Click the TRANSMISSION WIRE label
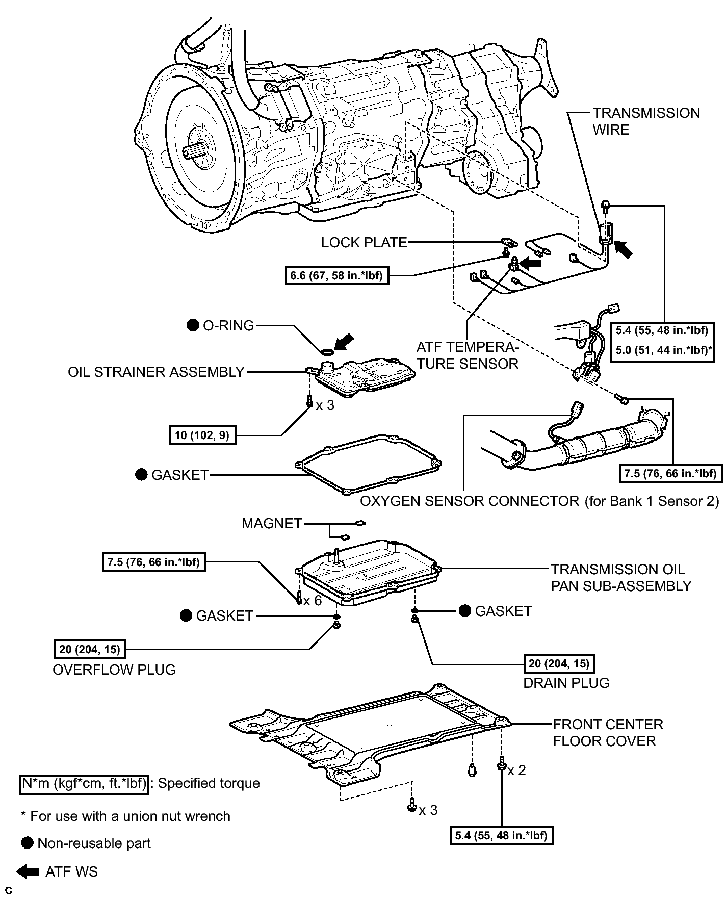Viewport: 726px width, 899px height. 646,121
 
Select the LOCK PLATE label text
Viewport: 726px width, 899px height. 364,243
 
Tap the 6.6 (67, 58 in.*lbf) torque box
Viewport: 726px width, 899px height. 336,276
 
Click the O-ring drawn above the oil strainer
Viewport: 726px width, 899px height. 327,352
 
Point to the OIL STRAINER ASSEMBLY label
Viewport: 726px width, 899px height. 157,372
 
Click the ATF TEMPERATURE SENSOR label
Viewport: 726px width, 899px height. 467,355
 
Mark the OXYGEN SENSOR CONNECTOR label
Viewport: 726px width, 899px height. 539,501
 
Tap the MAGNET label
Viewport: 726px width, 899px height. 272,524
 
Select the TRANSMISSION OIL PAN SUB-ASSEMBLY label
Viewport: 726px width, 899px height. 621,578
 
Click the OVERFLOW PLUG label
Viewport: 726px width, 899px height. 114,670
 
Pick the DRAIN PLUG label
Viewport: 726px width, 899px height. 566,683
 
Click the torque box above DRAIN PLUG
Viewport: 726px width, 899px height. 559,663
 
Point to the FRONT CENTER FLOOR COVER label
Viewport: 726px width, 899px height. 608,733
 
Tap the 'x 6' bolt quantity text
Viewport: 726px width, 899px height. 313,601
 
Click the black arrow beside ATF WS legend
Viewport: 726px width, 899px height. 28,872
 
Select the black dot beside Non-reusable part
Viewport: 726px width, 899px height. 28,843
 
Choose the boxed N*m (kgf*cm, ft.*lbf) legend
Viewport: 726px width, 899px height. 84,783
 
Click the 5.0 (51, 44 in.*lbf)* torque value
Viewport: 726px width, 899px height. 664,350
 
